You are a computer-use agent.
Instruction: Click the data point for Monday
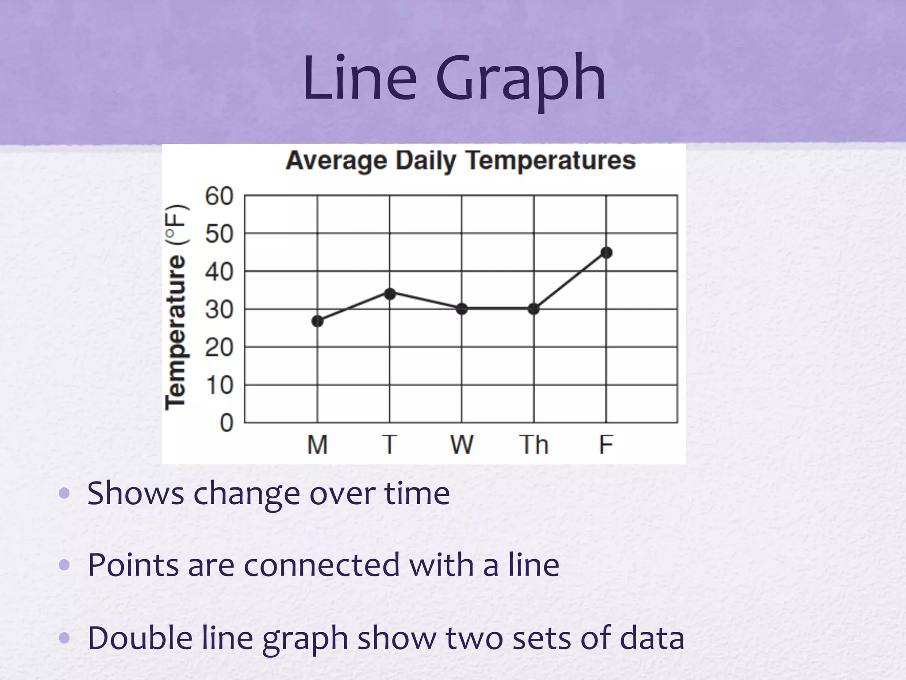pyautogui.click(x=317, y=321)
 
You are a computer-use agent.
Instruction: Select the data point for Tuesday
pyautogui.click(x=390, y=294)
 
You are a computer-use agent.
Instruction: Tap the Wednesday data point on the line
pyautogui.click(x=462, y=309)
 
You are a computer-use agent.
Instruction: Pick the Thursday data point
pyautogui.click(x=534, y=309)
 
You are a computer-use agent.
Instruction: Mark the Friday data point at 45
pyautogui.click(x=607, y=253)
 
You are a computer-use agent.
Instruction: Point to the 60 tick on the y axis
pyautogui.click(x=219, y=196)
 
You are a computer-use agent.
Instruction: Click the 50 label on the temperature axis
pyautogui.click(x=219, y=234)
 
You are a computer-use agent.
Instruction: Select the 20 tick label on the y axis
pyautogui.click(x=219, y=348)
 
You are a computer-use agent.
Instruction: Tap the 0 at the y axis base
pyautogui.click(x=226, y=423)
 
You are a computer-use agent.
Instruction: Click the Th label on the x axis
pyautogui.click(x=534, y=444)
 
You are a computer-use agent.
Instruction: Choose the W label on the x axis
pyautogui.click(x=462, y=444)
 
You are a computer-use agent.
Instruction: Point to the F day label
pyautogui.click(x=606, y=444)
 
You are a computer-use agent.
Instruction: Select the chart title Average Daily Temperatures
pyautogui.click(x=461, y=160)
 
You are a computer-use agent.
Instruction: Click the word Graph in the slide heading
pyautogui.click(x=521, y=80)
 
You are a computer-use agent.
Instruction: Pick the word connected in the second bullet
pyautogui.click(x=322, y=565)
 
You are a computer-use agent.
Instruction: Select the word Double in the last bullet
pyautogui.click(x=140, y=637)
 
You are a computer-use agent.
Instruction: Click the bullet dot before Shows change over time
pyautogui.click(x=65, y=493)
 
